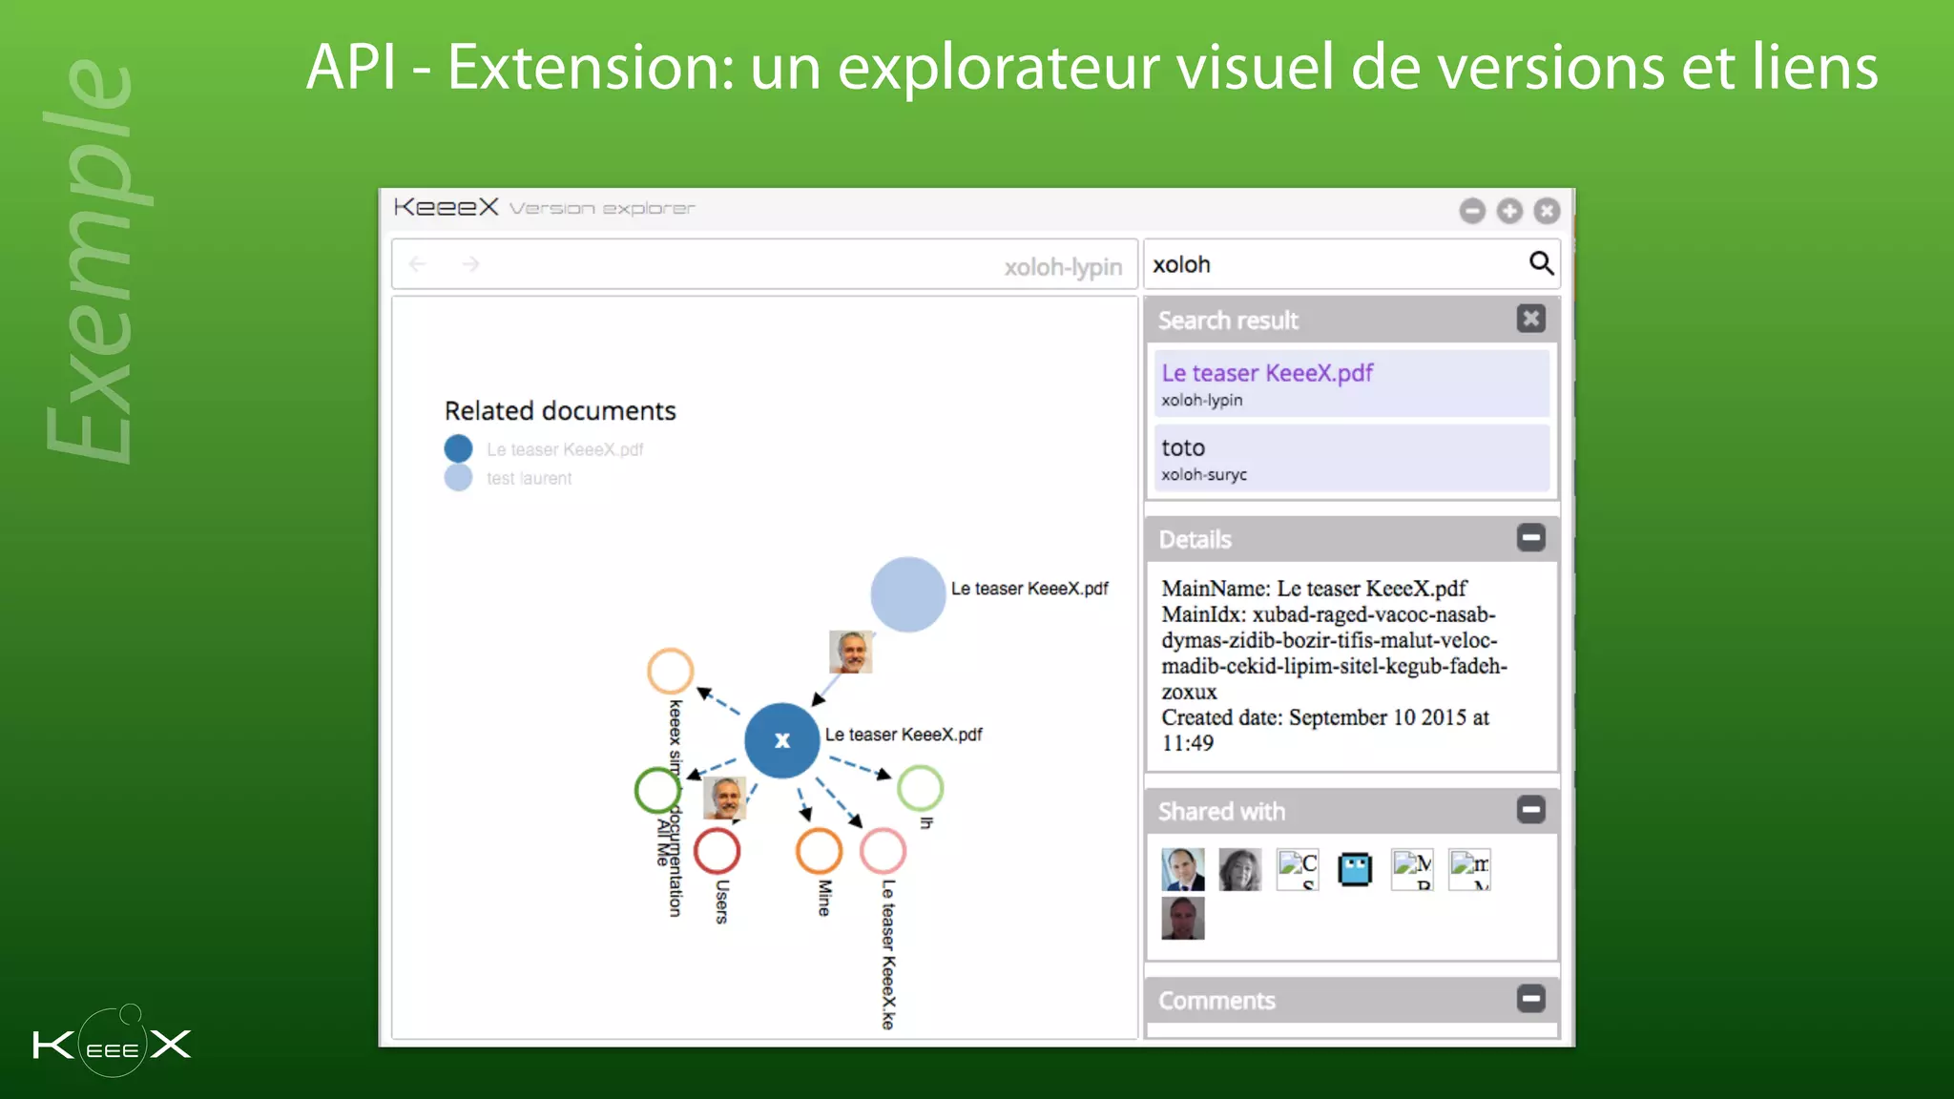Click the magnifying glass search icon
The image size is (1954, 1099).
point(1541,262)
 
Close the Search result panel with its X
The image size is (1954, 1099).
point(1530,319)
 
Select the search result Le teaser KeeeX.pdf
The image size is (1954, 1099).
point(1267,373)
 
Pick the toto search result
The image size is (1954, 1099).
point(1183,447)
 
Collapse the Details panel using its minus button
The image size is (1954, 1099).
point(1530,538)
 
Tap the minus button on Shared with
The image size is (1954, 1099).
point(1530,810)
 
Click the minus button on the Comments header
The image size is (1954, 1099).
point(1530,999)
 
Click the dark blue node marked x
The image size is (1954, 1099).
point(781,740)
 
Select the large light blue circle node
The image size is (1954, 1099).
point(907,594)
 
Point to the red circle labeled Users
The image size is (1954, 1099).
point(717,851)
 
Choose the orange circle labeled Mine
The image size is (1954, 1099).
point(819,851)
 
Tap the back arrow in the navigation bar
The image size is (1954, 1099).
point(417,264)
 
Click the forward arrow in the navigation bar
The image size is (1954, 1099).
point(470,264)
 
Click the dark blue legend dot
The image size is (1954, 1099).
point(458,448)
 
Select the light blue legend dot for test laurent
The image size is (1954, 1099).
point(458,477)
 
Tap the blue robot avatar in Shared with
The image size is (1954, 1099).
point(1354,869)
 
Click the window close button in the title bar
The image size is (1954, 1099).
point(1547,211)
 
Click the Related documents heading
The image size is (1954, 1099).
point(560,411)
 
